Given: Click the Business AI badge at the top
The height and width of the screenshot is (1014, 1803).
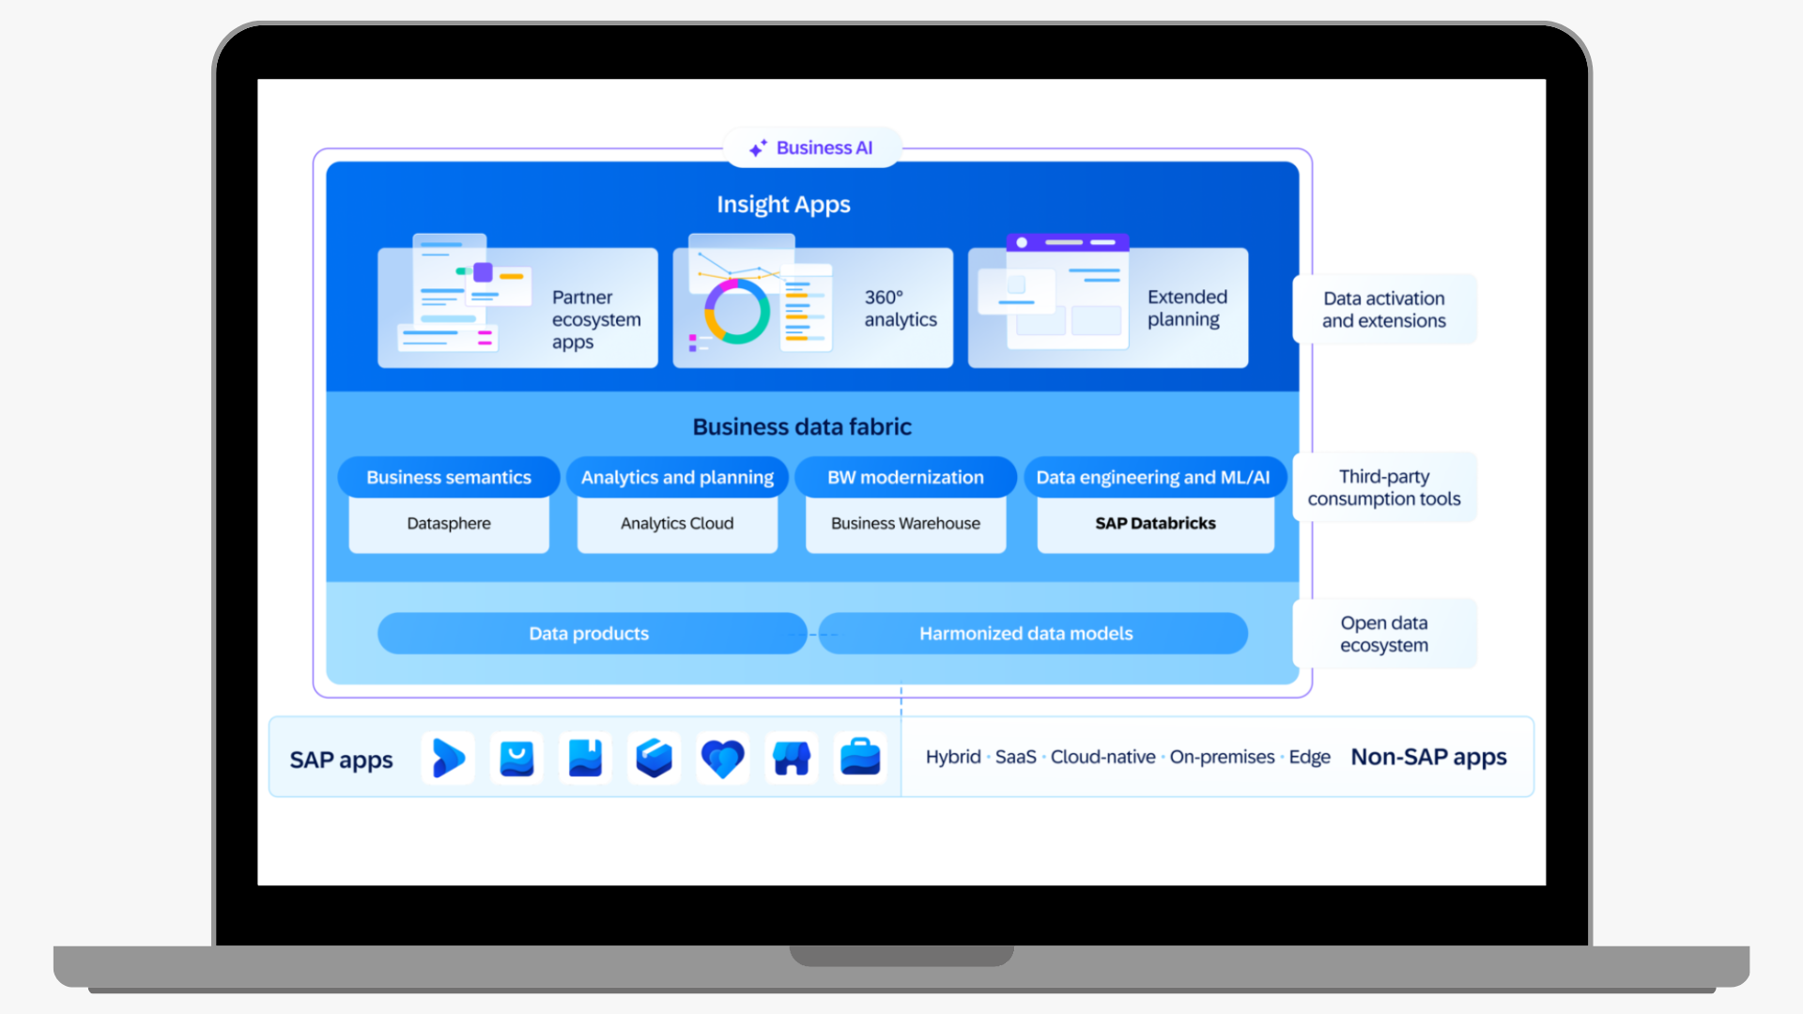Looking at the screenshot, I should (812, 148).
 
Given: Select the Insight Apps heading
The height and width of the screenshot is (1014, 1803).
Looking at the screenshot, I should (783, 205).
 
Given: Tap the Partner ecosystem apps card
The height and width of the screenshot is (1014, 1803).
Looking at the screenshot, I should (517, 308).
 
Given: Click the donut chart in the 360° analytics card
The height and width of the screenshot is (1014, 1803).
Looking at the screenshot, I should (737, 312).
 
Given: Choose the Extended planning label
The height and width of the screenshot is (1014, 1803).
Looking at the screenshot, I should (1187, 308).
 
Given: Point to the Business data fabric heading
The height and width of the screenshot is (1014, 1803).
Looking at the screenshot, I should (802, 427).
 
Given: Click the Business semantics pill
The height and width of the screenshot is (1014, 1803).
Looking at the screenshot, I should (449, 477).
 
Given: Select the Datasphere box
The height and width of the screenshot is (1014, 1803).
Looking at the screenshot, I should (449, 524).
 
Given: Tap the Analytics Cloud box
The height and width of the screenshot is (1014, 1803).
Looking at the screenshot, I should (677, 524).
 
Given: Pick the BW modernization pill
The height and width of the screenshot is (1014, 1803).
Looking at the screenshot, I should (905, 477).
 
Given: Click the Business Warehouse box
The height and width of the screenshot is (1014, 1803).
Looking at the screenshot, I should (905, 524).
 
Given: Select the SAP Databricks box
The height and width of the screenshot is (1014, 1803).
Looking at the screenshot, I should (1155, 524).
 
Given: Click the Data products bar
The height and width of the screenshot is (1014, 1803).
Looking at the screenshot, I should (590, 634).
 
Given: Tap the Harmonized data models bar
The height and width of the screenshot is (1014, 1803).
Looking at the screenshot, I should (1026, 634).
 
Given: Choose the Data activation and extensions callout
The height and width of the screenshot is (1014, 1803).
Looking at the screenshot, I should (1384, 310).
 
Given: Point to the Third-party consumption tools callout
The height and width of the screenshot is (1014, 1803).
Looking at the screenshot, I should (1384, 488).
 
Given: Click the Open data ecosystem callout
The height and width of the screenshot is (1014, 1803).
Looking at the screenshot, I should (1384, 635).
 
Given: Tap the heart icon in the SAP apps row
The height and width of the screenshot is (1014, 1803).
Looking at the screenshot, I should (722, 758).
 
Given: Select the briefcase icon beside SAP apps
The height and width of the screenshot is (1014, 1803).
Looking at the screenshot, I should (860, 758).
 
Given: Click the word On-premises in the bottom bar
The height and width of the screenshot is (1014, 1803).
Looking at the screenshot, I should (1222, 757).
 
